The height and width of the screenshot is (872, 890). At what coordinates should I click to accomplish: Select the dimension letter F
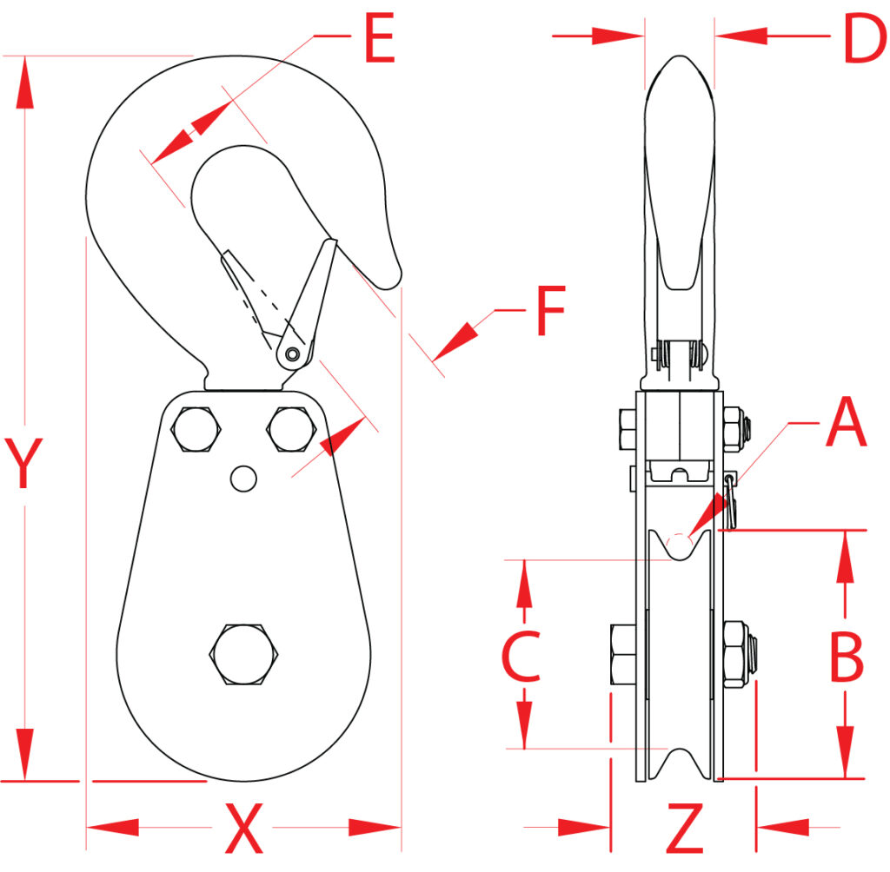[x=550, y=311]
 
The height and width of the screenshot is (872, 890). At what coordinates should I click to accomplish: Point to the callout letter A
[x=846, y=424]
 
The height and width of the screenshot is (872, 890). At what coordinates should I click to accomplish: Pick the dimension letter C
[x=521, y=657]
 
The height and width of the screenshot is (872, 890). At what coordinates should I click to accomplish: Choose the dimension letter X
[x=244, y=829]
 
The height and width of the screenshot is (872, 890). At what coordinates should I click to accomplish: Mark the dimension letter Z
[x=684, y=829]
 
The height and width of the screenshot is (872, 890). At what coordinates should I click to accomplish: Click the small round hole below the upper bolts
[x=243, y=477]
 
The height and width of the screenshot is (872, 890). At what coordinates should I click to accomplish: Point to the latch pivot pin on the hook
[x=293, y=353]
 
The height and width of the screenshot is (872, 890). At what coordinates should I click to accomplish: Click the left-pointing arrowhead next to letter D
[x=740, y=36]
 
